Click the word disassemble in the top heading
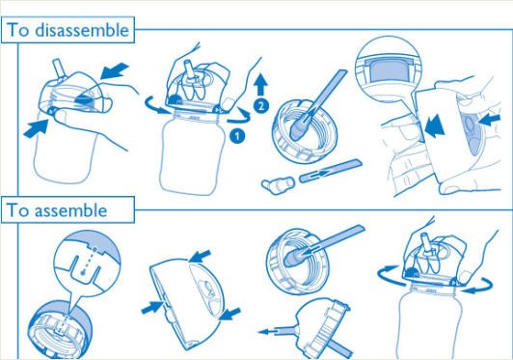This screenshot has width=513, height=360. tap(82, 30)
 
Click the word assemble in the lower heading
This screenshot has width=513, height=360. tap(70, 210)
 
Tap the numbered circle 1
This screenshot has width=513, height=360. tap(237, 135)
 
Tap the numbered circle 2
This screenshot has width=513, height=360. tap(261, 105)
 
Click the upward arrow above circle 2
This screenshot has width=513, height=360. tap(261, 85)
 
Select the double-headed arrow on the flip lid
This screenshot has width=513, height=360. tap(435, 126)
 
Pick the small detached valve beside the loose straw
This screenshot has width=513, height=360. tap(278, 185)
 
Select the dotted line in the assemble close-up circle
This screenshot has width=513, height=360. tap(89, 261)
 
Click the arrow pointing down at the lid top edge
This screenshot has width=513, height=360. tap(200, 256)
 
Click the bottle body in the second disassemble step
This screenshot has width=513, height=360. tap(193, 154)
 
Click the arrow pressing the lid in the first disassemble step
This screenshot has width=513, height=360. tap(115, 71)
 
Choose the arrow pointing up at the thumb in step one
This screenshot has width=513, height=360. tap(37, 128)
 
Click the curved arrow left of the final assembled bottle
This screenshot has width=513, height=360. tap(388, 274)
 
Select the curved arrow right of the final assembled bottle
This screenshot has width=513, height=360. tap(479, 286)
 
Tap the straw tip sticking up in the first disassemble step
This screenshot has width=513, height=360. tap(58, 68)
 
